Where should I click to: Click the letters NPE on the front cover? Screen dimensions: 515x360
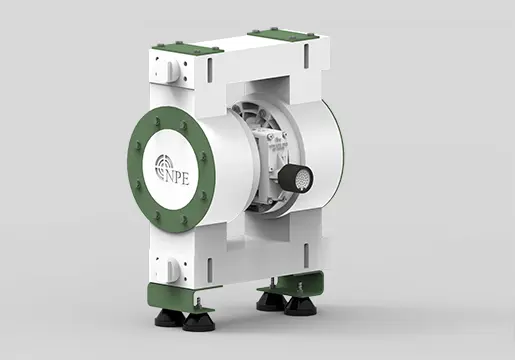click(x=177, y=177)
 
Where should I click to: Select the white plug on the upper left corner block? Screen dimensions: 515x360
click(x=173, y=71)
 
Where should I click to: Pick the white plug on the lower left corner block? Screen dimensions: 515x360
click(x=173, y=269)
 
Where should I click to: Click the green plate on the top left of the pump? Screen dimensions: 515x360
click(x=188, y=50)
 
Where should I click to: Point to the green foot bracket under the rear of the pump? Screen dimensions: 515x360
click(x=292, y=282)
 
